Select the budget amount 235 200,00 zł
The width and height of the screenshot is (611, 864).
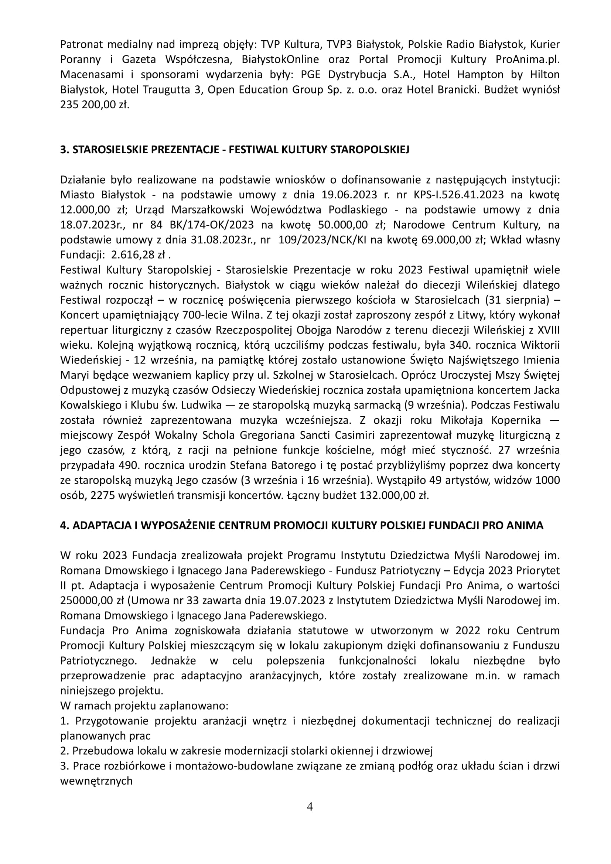[x=95, y=105]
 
